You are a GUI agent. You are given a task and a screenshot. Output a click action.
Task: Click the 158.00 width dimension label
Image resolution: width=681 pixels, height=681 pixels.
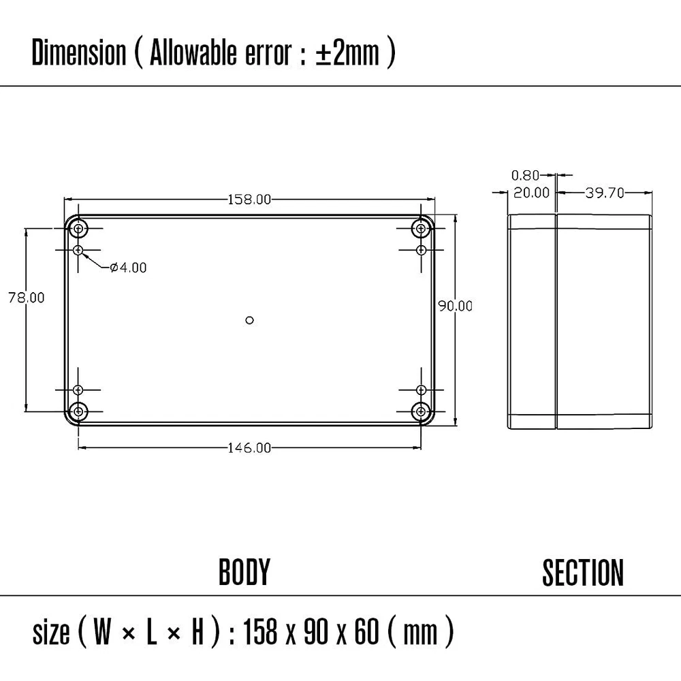click(249, 200)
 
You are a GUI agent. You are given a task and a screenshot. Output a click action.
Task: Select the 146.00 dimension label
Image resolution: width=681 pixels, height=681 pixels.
click(249, 448)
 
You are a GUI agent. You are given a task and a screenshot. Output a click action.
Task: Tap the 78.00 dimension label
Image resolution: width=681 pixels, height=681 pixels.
click(27, 298)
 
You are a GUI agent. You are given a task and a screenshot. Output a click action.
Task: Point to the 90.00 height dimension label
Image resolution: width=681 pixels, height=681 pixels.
click(455, 306)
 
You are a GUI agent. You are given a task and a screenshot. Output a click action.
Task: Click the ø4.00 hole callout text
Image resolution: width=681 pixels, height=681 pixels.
click(128, 268)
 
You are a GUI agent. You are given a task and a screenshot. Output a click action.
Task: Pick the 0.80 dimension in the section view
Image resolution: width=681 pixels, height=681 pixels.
click(526, 176)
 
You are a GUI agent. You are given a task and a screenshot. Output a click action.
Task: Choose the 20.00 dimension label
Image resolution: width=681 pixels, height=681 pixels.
click(531, 193)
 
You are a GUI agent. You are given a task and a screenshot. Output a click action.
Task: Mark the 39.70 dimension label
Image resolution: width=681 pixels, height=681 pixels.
click(605, 193)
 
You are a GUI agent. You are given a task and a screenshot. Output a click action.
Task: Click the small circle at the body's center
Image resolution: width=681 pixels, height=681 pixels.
click(249, 320)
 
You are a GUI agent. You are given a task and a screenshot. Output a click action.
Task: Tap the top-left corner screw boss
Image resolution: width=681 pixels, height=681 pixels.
click(78, 228)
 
